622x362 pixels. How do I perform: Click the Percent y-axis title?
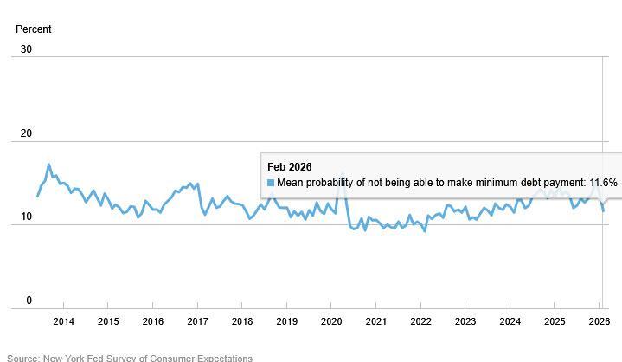(x=34, y=29)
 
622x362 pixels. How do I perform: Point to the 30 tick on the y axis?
(x=26, y=49)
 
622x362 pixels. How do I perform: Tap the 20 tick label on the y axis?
(x=26, y=133)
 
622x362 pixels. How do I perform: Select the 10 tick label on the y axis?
(x=26, y=217)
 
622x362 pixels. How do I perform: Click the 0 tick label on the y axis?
(x=29, y=301)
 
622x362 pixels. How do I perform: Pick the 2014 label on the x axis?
(x=63, y=322)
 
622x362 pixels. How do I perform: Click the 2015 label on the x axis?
(x=108, y=322)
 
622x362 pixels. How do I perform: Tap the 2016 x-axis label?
(x=152, y=322)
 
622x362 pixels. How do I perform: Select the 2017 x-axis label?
(x=197, y=322)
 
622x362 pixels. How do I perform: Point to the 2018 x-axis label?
(x=242, y=322)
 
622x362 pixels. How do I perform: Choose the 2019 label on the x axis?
(x=286, y=322)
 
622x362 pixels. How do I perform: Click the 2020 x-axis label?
(x=331, y=322)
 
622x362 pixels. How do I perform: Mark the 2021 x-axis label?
(x=376, y=322)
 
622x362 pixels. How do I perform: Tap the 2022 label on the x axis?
(x=420, y=322)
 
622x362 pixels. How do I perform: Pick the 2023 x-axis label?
(x=465, y=322)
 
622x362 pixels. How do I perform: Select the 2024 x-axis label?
(x=510, y=322)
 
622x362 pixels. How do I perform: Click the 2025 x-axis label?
(x=555, y=322)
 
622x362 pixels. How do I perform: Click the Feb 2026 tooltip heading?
(x=289, y=167)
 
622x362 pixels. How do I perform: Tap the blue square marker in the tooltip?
(x=271, y=184)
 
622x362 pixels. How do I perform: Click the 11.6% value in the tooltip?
(x=603, y=184)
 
